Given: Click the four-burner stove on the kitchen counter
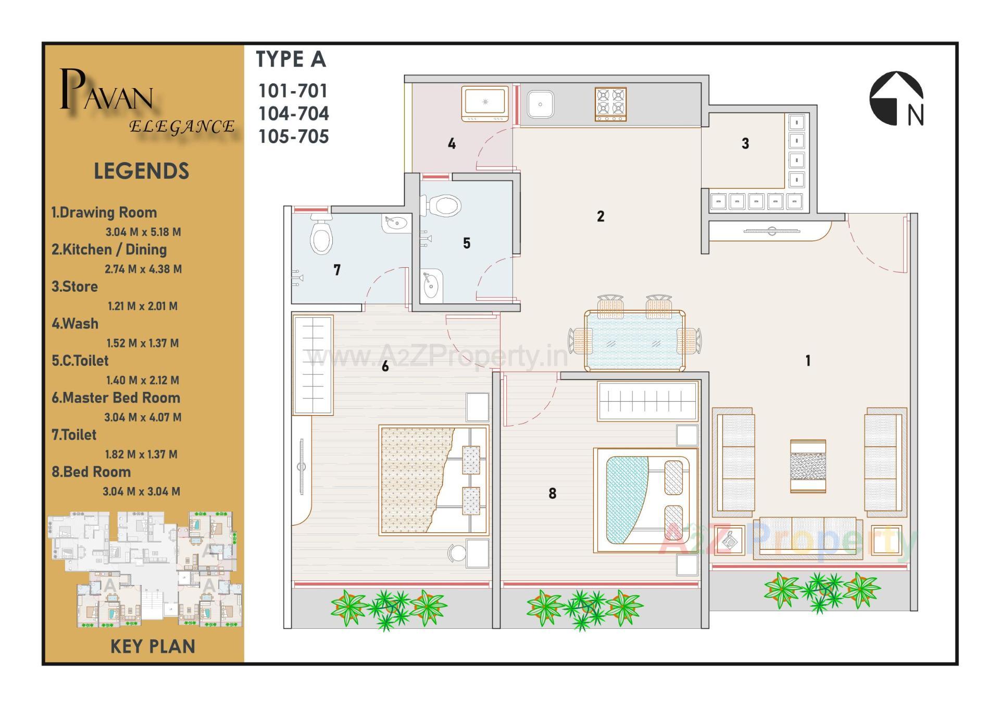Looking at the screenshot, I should click(x=610, y=104).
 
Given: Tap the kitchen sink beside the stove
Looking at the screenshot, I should click(x=540, y=104).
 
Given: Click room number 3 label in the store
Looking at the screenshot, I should click(x=745, y=143).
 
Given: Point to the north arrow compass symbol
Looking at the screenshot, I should click(x=896, y=99).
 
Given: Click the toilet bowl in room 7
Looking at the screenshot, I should click(x=321, y=237).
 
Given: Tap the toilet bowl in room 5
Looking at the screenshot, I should click(x=443, y=205).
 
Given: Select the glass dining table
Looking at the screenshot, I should click(x=634, y=340).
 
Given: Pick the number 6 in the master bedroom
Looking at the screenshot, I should click(x=385, y=367).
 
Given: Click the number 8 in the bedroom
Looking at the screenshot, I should click(x=552, y=493).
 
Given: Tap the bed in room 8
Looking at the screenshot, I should click(x=645, y=500).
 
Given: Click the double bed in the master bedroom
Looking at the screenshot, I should click(x=433, y=480).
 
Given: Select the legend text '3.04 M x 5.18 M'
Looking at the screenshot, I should click(x=143, y=232).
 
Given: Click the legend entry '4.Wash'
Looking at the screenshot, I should click(x=75, y=324).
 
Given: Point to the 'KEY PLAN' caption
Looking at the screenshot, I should click(x=153, y=647).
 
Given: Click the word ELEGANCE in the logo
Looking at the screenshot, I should click(x=182, y=127).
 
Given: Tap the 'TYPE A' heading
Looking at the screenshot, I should click(x=291, y=59).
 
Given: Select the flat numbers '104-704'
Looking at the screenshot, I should click(x=294, y=114).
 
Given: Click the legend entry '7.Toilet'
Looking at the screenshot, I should click(x=74, y=435).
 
